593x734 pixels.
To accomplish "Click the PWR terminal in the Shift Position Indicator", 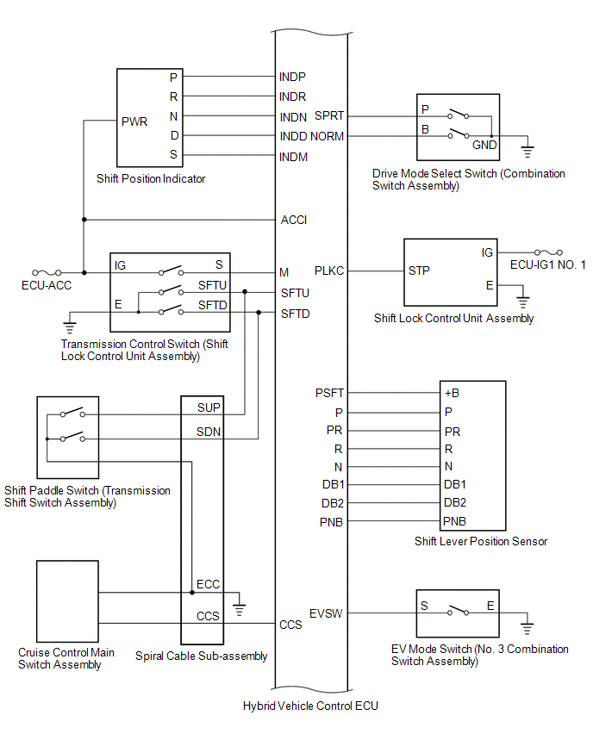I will [135, 121].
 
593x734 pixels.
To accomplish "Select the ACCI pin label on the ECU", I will [294, 221].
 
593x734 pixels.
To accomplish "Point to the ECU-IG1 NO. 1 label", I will [547, 264].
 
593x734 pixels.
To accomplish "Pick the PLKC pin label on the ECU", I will [330, 271].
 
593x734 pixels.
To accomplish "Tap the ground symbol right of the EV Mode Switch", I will [528, 628].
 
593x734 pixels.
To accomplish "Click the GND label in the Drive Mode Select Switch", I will [484, 145].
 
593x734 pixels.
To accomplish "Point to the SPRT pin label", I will [329, 115].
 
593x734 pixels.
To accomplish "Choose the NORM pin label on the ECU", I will [328, 136].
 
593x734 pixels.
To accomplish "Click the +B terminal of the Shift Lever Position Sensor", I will [452, 393].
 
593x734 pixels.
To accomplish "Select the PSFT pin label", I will [330, 393].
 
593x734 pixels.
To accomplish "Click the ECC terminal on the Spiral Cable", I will [208, 584].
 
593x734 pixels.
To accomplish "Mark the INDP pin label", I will [293, 77].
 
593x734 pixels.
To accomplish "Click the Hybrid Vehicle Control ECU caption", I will [310, 706].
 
